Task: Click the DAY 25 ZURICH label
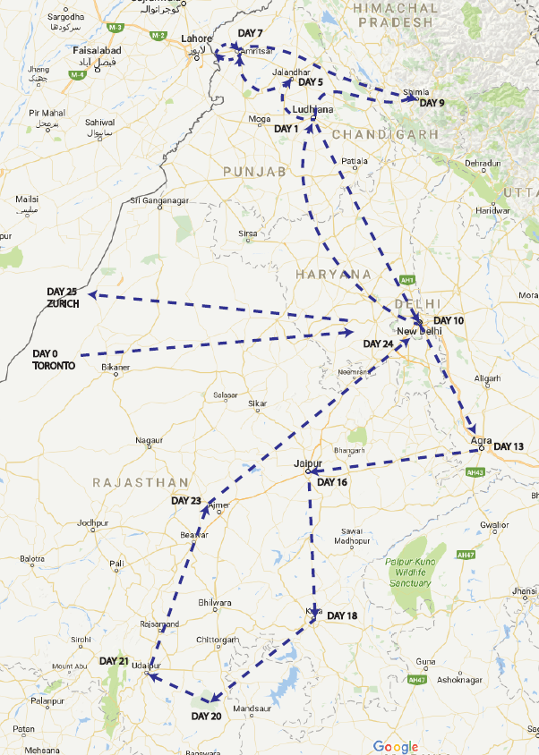[63, 298]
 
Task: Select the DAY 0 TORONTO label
[55, 359]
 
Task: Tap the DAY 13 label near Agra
[508, 446]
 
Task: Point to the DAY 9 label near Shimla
[432, 103]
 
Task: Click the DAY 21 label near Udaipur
[114, 661]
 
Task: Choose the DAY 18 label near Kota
[342, 615]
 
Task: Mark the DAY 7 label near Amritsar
[250, 33]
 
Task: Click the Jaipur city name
[307, 463]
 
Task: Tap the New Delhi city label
[419, 331]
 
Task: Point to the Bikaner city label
[115, 368]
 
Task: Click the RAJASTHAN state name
[141, 482]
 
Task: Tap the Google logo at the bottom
[396, 746]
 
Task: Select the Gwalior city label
[493, 525]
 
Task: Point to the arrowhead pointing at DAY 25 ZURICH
[92, 294]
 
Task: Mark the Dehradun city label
[483, 164]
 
